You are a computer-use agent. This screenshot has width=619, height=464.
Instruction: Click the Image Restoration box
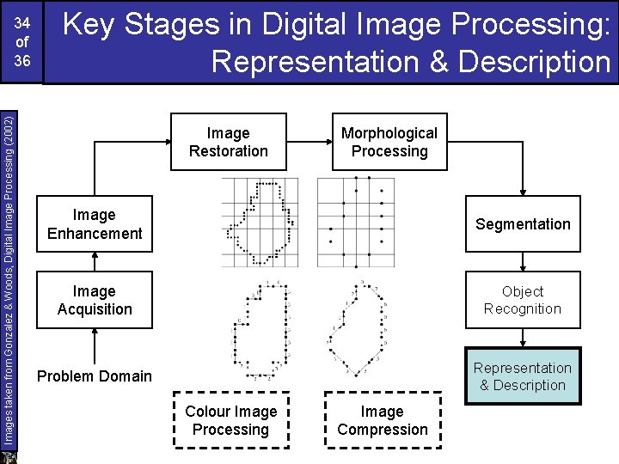(x=228, y=142)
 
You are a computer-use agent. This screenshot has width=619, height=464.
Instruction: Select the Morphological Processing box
(x=389, y=142)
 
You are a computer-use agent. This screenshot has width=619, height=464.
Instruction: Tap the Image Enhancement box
(x=95, y=224)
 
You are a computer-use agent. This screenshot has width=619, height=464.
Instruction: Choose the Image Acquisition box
(x=95, y=300)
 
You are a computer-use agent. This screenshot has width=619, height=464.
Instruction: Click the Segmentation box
(x=523, y=224)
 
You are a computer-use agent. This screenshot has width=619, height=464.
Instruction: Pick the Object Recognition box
(x=523, y=300)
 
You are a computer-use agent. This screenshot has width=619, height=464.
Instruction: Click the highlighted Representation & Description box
(x=523, y=376)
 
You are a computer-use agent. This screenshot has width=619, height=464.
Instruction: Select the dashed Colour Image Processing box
(x=230, y=420)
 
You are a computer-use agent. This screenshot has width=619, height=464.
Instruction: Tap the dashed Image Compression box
(x=383, y=420)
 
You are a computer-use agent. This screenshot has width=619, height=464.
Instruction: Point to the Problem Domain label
(x=95, y=376)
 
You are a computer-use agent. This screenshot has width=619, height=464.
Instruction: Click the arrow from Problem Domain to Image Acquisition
(x=95, y=344)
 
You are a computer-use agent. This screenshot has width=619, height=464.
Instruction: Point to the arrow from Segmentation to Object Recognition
(x=523, y=261)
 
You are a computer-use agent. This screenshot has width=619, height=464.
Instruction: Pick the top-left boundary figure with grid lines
(x=260, y=223)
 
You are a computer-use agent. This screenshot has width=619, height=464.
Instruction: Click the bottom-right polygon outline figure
(x=355, y=328)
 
